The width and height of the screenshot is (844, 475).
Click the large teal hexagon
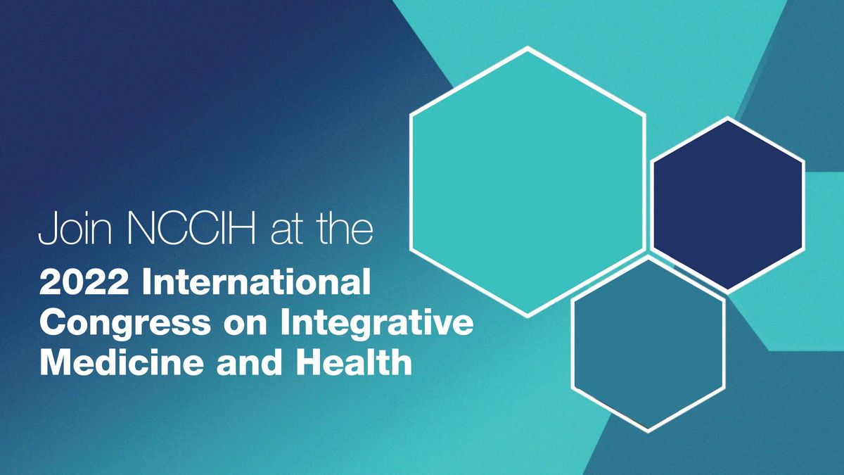coord(527,182)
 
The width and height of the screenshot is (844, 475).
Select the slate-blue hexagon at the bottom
coord(648,343)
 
